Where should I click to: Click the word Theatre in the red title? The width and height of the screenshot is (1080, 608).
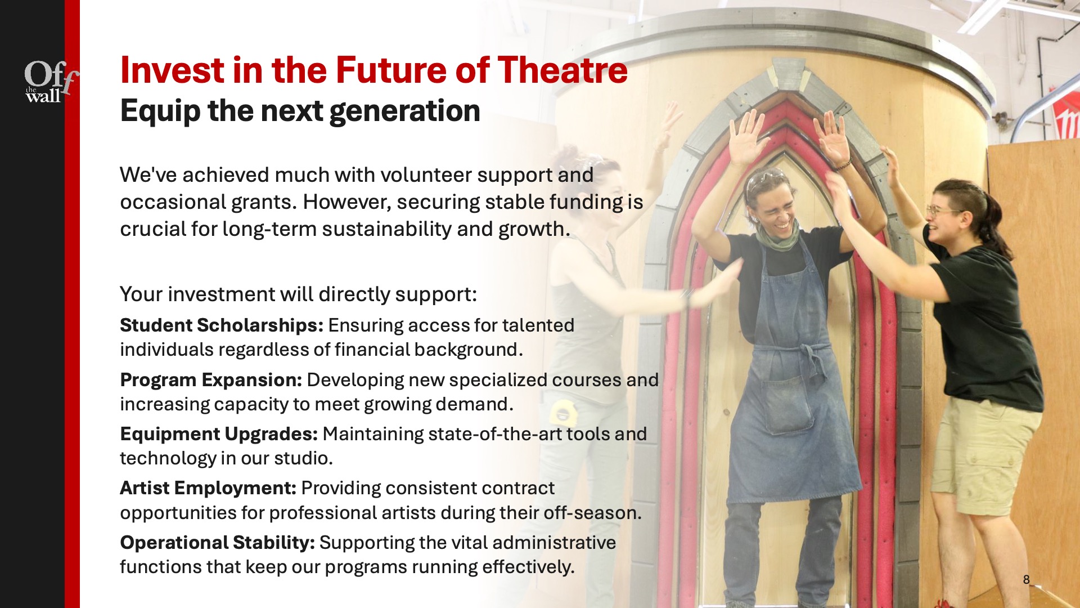(x=562, y=70)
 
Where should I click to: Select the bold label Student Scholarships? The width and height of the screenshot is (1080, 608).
(x=222, y=325)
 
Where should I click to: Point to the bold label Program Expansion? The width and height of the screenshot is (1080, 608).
(x=211, y=380)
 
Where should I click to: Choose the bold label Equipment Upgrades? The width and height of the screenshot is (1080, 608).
(x=219, y=434)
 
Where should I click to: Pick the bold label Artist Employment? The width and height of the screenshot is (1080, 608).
(x=208, y=488)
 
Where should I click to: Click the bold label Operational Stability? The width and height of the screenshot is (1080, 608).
(x=217, y=543)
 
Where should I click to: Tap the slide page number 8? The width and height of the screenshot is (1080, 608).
(x=1026, y=579)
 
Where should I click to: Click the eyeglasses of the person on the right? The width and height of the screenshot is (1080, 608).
(x=942, y=212)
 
